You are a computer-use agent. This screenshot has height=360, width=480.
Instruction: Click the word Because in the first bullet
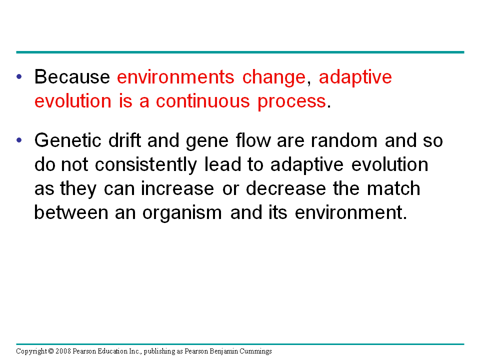(72, 77)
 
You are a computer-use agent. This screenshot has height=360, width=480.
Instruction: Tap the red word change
(273, 77)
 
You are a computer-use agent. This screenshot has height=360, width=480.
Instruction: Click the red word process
(291, 102)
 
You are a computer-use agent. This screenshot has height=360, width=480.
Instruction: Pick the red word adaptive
(355, 77)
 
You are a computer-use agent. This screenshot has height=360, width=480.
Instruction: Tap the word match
(393, 189)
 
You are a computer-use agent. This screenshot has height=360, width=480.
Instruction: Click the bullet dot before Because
(19, 77)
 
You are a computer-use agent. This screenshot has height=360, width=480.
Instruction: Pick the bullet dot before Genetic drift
(19, 140)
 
